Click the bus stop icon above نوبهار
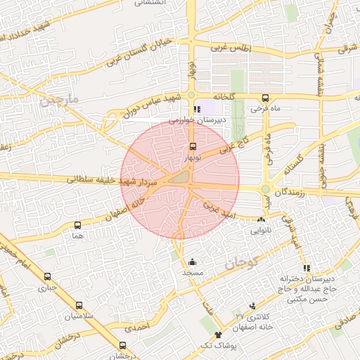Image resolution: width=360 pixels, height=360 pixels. (193, 147)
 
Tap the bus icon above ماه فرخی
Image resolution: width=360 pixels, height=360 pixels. (265, 98)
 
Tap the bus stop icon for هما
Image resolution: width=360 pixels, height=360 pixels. (77, 226)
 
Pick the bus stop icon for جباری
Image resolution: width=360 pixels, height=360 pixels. (47, 276)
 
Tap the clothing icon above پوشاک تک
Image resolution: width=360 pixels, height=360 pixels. (218, 335)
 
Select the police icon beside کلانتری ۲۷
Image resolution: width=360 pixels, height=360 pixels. (252, 305)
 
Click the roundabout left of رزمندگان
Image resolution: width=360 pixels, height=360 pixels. (266, 188)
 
